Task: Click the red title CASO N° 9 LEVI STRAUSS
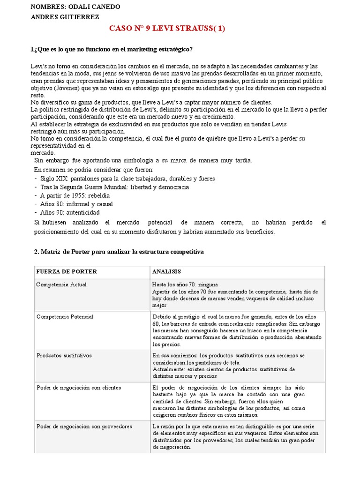[x=167, y=28]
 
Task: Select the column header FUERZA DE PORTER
[x=66, y=272]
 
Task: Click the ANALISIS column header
[x=166, y=272]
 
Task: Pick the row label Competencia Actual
[x=61, y=285]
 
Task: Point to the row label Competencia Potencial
[x=65, y=317]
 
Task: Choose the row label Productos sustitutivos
[x=64, y=355]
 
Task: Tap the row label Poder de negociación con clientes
[x=78, y=388]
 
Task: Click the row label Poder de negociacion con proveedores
[x=84, y=427]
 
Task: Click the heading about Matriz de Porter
[x=119, y=252]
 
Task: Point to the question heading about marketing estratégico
[x=111, y=49]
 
